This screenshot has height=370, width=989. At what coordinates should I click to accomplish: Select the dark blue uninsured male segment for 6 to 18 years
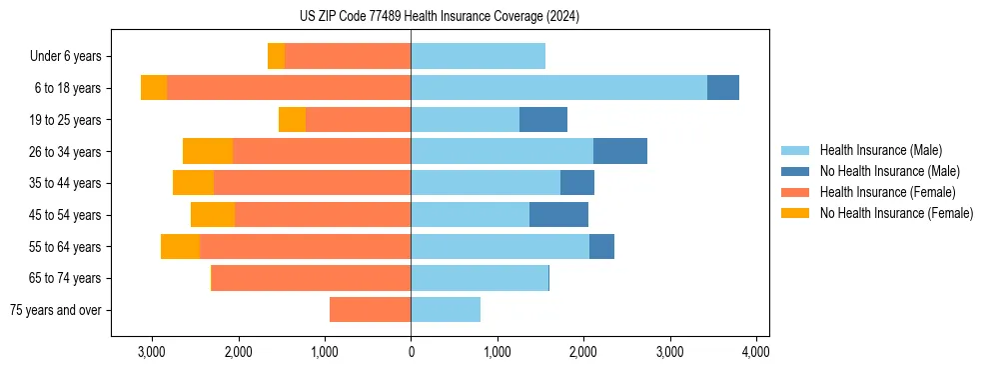coord(723,88)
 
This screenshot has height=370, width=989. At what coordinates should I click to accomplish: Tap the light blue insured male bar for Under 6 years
coord(478,56)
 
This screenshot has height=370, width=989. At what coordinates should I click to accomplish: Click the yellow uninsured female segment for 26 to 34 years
coord(208,151)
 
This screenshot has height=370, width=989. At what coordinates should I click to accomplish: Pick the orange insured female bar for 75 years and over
coord(370,310)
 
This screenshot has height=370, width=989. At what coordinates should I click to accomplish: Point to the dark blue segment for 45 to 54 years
coord(558,215)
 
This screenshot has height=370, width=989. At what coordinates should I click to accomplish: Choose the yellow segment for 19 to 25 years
coord(292,120)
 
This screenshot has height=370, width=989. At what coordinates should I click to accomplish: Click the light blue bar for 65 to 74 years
coord(480,278)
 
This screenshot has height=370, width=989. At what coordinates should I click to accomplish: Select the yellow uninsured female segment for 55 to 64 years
coord(180,247)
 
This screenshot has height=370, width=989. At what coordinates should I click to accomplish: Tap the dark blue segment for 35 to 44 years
coord(577,183)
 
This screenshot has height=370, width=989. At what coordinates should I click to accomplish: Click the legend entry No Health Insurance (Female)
coord(895,213)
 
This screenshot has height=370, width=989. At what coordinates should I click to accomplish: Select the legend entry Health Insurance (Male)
coord(880,150)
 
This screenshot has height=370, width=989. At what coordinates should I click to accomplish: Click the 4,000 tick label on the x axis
coord(755,352)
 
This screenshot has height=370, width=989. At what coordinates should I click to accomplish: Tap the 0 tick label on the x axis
coord(411,352)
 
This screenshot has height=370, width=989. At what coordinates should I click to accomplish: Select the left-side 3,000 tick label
coord(152,352)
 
